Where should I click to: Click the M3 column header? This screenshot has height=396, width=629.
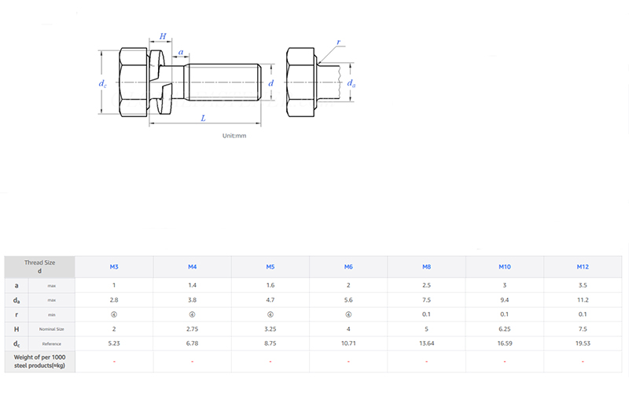[x=114, y=267]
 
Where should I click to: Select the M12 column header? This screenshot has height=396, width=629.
[x=583, y=267]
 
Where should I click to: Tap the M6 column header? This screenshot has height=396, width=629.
[x=348, y=267]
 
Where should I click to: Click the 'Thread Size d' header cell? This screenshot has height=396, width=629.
[x=39, y=266]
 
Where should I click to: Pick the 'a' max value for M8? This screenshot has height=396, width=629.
[x=426, y=284]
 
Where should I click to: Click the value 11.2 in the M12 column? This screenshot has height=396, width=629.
[x=583, y=299]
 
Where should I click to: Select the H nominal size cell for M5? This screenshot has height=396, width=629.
[x=270, y=329]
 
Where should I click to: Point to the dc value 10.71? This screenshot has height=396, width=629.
[x=348, y=344]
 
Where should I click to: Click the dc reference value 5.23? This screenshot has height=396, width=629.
[x=114, y=344]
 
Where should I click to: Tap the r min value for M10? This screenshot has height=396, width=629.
[x=504, y=314]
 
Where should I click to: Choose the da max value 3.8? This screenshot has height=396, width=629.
[x=192, y=299]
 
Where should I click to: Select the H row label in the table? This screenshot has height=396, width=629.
[x=17, y=329]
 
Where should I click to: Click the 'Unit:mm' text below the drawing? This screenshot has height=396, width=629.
[x=234, y=136]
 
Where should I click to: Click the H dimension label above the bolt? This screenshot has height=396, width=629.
[x=164, y=36]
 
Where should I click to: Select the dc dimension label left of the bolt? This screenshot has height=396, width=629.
[x=102, y=82]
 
